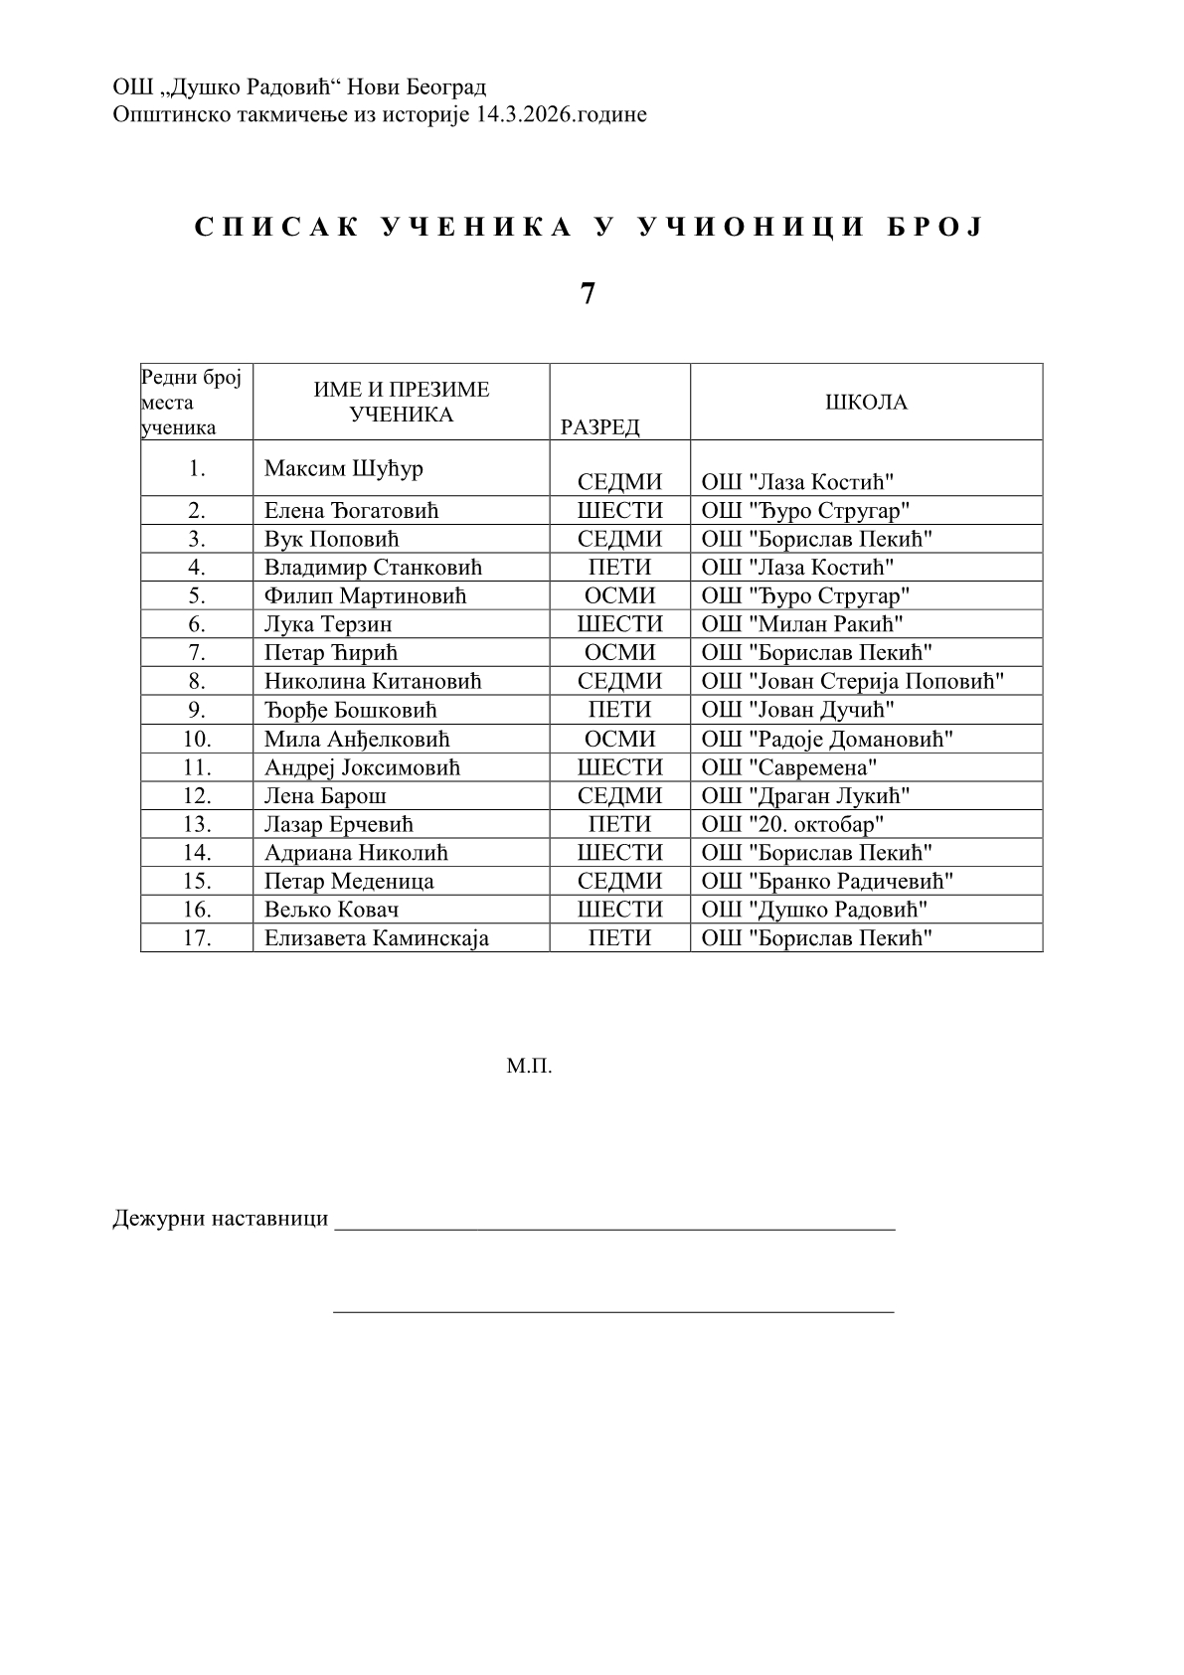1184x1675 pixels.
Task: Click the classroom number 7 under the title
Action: [x=588, y=294]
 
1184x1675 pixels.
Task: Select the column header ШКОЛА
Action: [x=866, y=403]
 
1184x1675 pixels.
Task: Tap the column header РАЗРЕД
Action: [x=600, y=427]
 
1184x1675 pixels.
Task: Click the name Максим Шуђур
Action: [x=344, y=468]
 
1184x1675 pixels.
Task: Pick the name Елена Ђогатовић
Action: [x=351, y=511]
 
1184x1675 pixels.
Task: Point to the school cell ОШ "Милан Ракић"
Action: [x=802, y=624]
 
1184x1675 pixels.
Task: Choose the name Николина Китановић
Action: [x=373, y=682]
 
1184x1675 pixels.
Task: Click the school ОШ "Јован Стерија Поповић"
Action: [x=853, y=682]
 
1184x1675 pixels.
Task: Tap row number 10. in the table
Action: [x=197, y=739]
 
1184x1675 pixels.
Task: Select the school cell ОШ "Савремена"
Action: [x=789, y=767]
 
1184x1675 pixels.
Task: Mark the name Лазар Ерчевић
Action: [x=338, y=824]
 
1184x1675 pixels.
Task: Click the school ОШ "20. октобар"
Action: [x=793, y=824]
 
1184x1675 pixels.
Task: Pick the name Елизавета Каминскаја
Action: [x=377, y=938]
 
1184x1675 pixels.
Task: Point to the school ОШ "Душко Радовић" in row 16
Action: [x=815, y=910]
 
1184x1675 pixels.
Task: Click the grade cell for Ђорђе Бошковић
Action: [x=619, y=710]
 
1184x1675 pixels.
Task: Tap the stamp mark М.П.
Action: [x=529, y=1068]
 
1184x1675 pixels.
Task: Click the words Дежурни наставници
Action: [x=220, y=1219]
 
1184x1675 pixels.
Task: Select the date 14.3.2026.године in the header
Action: [x=562, y=114]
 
